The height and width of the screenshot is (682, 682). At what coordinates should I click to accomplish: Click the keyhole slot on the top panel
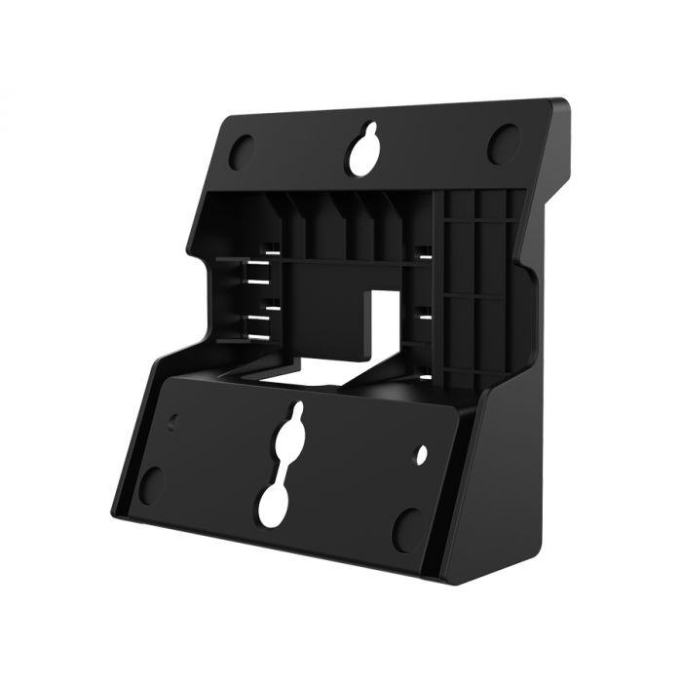(x=365, y=151)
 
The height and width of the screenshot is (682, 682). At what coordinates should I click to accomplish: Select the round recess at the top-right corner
(x=503, y=145)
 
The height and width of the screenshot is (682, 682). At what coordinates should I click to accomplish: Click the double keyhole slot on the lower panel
(x=283, y=468)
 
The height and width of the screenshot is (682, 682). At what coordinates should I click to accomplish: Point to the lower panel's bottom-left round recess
(x=151, y=484)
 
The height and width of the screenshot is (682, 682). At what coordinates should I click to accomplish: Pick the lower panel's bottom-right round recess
(x=407, y=529)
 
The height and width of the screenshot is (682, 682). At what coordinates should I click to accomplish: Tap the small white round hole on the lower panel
(x=422, y=453)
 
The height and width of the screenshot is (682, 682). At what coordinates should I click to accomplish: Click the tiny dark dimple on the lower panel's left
(x=173, y=422)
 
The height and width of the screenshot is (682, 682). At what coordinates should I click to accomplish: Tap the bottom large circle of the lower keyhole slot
(x=275, y=503)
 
